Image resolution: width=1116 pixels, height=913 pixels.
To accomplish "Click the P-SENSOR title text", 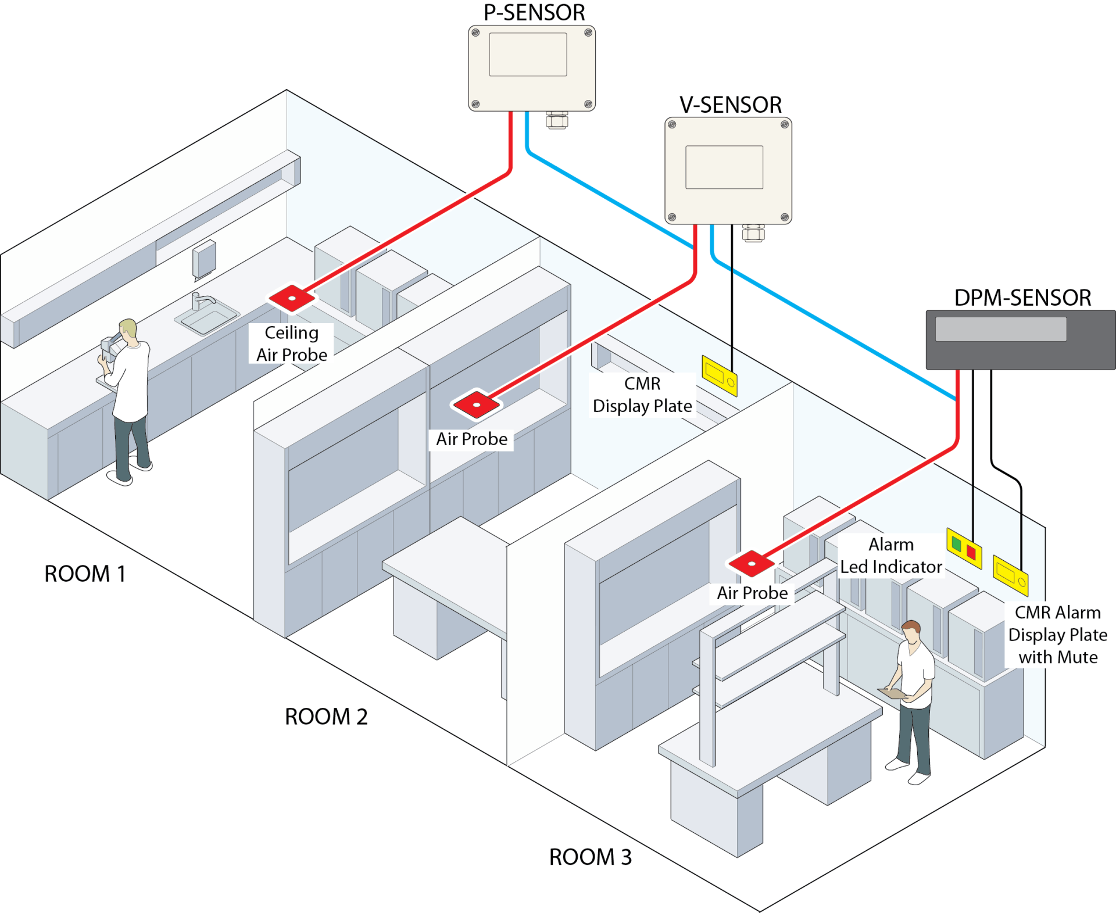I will click(534, 13).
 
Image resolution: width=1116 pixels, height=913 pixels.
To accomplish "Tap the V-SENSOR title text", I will click(730, 105).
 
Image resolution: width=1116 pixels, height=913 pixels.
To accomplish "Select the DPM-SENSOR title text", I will click(1022, 298).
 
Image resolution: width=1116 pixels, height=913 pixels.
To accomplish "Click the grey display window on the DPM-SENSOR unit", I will click(1000, 329).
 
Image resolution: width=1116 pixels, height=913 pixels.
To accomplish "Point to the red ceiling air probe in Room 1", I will click(292, 298).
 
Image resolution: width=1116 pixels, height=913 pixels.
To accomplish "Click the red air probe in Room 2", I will click(477, 404).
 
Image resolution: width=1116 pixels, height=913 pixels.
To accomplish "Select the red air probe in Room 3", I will click(752, 563).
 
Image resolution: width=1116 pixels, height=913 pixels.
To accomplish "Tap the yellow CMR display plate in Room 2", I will click(720, 376).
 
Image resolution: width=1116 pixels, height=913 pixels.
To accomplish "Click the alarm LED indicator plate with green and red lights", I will click(964, 548).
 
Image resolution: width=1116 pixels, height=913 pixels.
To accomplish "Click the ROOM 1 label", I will click(85, 574).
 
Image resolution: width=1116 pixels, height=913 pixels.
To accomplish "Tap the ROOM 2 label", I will click(326, 717).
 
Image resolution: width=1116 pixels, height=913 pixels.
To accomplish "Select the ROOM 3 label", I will click(590, 857).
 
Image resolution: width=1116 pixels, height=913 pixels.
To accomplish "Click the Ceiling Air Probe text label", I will click(291, 343).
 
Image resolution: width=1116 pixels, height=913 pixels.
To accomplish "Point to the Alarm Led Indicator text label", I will click(890, 556).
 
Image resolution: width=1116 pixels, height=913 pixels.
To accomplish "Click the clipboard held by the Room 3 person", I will click(892, 693).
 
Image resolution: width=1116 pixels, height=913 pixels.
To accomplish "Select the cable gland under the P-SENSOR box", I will click(556, 120).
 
